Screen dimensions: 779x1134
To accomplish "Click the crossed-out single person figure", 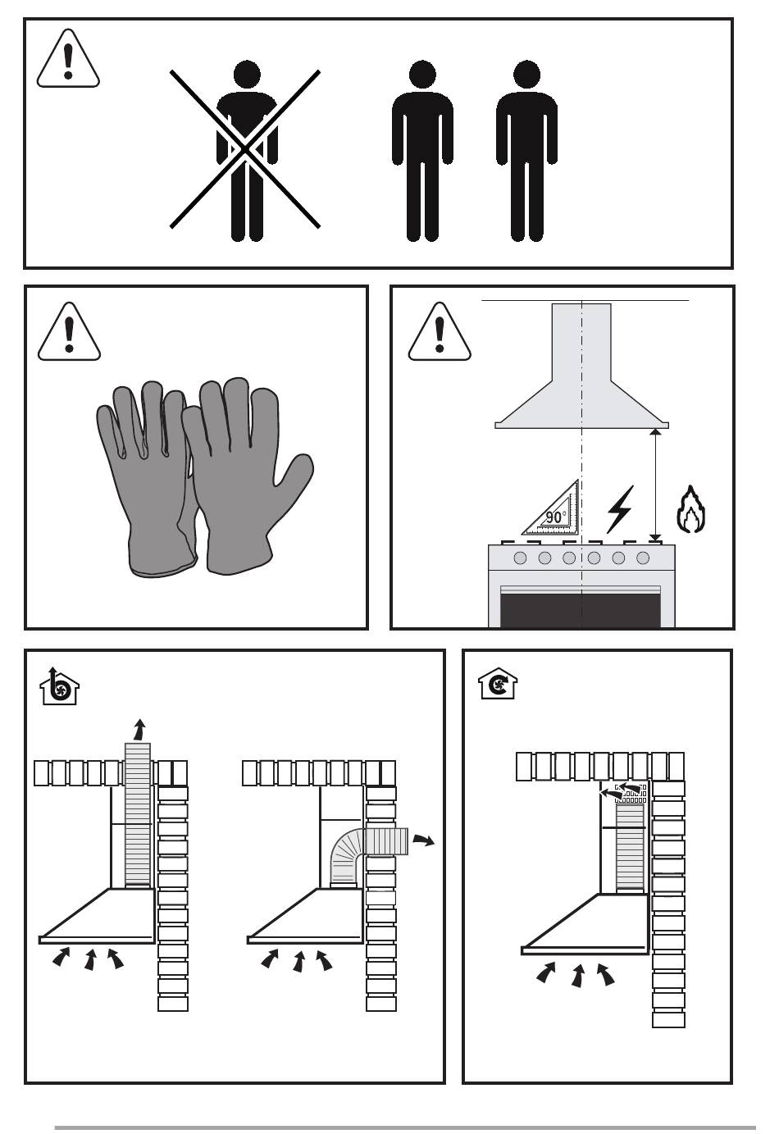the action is [x=247, y=150].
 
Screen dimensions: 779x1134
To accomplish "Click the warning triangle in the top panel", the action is [x=68, y=60].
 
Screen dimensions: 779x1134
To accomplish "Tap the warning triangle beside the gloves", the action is [x=69, y=333].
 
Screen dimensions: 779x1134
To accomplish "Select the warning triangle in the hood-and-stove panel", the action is [x=440, y=333].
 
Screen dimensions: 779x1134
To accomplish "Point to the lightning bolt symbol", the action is [x=620, y=509].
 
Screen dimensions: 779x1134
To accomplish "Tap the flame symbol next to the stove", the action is [x=690, y=510].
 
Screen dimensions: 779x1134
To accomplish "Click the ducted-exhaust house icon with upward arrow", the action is [x=59, y=686].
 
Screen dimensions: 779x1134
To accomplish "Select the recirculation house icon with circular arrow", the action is [x=498, y=684].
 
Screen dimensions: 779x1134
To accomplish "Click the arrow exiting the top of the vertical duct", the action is [x=139, y=730].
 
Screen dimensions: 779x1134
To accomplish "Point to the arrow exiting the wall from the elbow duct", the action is [x=424, y=840].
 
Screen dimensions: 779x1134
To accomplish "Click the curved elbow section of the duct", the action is [x=347, y=856].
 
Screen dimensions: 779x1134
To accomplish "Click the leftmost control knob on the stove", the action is [x=520, y=558].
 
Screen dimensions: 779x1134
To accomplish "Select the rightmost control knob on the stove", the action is [x=643, y=558].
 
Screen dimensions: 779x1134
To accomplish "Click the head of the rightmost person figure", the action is [x=526, y=74].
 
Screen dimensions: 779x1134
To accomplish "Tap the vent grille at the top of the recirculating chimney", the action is [x=631, y=794].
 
